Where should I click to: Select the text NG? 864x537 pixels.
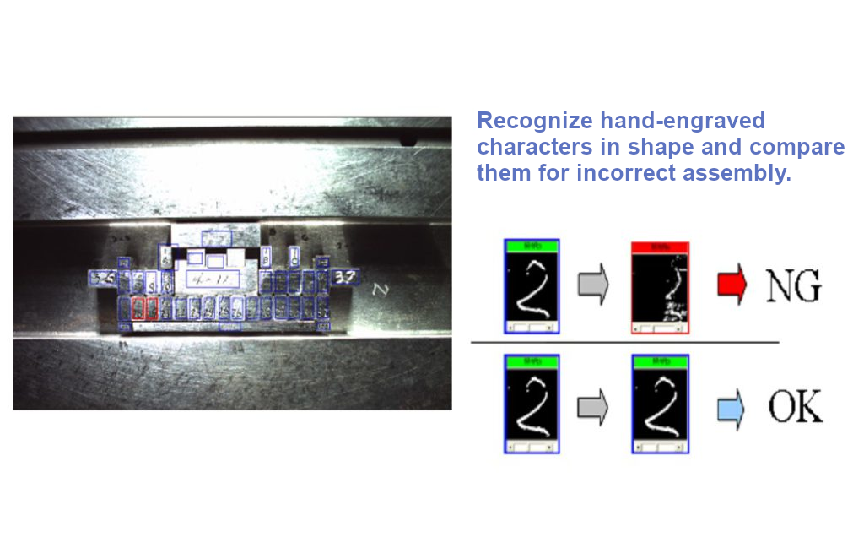793,287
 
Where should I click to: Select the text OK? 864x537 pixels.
795,408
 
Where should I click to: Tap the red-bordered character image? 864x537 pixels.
660,287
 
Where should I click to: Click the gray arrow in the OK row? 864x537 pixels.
593,407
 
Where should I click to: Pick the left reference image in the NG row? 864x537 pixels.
532,287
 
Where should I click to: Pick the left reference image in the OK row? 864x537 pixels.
532,404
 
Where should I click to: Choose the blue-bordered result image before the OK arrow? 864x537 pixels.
660,404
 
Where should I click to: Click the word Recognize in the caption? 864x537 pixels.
532,121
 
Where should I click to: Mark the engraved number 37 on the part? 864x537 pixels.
345,276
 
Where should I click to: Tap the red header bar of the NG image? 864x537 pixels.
660,247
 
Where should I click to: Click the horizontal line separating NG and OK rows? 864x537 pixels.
624,342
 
